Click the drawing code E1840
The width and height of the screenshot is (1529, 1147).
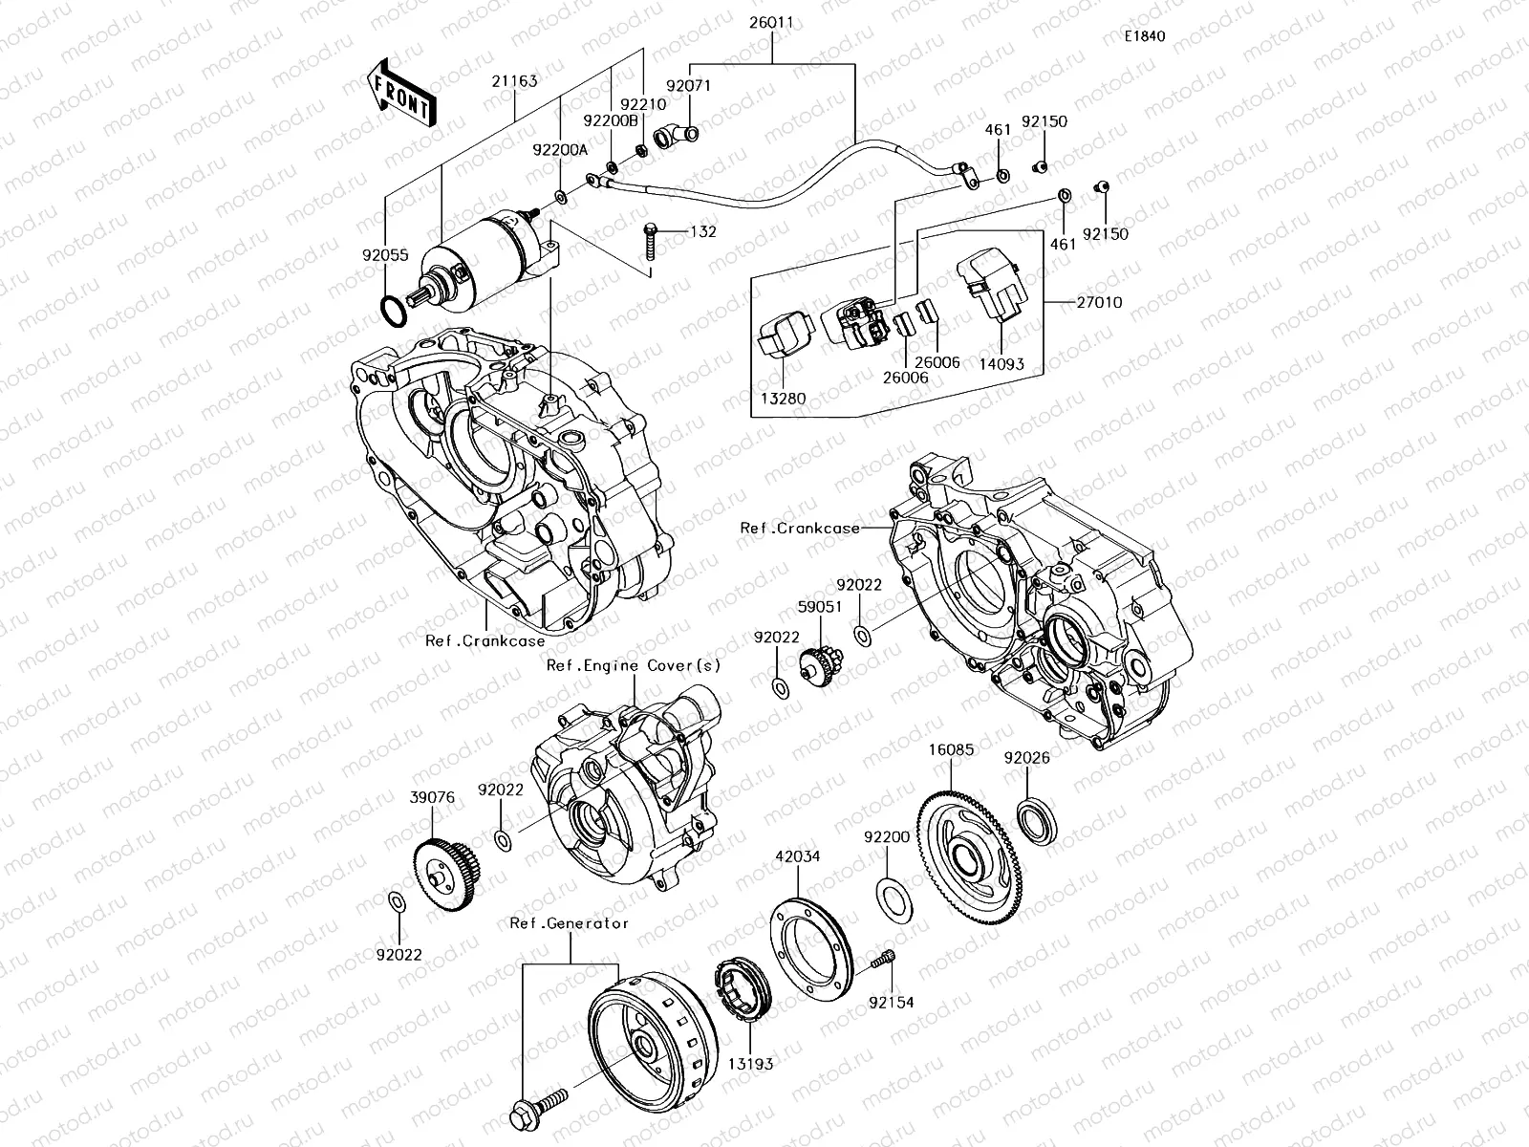click(x=1144, y=36)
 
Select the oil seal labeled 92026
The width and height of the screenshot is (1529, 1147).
click(x=1035, y=824)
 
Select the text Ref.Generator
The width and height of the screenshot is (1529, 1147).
click(x=569, y=922)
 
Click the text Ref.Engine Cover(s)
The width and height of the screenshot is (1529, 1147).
click(x=633, y=665)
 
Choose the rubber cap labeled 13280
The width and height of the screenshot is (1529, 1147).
click(x=785, y=338)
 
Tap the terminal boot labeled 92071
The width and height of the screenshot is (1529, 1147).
click(x=678, y=138)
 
